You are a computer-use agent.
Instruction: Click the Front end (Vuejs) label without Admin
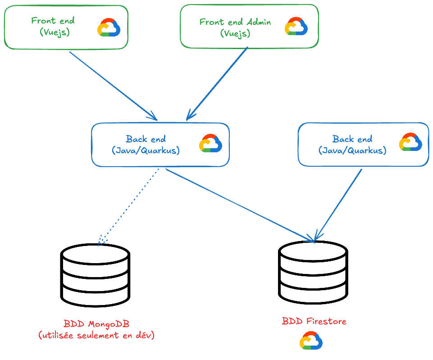53,26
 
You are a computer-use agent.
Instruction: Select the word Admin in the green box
258,22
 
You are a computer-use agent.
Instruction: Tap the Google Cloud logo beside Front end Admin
296,27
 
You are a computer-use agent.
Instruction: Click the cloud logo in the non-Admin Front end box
109,27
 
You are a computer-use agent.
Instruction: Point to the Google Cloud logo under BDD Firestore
311,341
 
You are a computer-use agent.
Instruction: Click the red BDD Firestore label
314,321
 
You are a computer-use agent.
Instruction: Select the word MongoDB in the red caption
106,324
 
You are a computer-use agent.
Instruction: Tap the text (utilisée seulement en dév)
96,335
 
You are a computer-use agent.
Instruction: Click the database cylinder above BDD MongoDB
95,275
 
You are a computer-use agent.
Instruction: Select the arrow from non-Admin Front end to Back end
113,86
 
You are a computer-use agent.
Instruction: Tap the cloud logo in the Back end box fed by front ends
210,143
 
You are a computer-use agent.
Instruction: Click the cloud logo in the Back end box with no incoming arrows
410,142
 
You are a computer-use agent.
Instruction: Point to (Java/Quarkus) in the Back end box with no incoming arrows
352,150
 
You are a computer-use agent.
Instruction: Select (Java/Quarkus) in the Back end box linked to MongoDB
146,150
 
